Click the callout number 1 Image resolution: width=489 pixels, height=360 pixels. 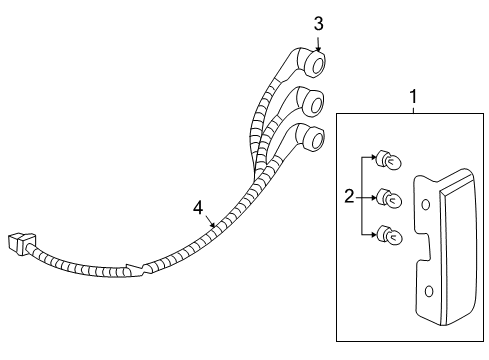pyautogui.click(x=412, y=96)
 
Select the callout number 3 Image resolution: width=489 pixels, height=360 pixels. pyautogui.click(x=319, y=23)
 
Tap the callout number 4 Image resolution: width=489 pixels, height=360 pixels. pyautogui.click(x=198, y=208)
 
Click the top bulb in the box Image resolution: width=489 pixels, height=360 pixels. pyautogui.click(x=388, y=160)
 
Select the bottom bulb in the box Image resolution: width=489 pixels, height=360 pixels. pyautogui.click(x=389, y=236)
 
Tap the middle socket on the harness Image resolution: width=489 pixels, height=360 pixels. pyautogui.click(x=311, y=101)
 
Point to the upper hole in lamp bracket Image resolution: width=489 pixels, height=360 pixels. pyautogui.click(x=427, y=205)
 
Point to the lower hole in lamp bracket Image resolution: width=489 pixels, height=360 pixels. pyautogui.click(x=429, y=292)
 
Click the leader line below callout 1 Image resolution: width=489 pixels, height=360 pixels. pyautogui.click(x=412, y=111)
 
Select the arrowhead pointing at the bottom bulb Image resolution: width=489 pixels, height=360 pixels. pyautogui.click(x=375, y=235)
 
